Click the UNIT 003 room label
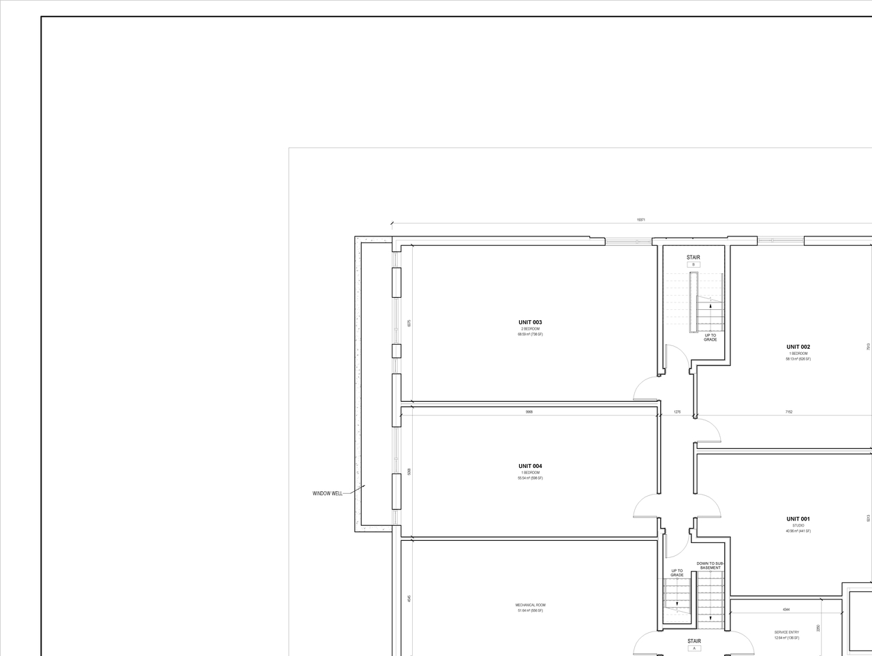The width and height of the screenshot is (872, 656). click(530, 322)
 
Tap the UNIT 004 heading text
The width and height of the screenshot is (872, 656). click(530, 466)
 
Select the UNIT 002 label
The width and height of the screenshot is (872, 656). click(798, 347)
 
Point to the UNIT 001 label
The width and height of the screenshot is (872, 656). click(798, 519)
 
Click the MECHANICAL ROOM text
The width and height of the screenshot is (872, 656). click(530, 605)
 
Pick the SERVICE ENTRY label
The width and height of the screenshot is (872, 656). click(786, 632)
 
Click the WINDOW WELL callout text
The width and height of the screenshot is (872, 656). click(328, 493)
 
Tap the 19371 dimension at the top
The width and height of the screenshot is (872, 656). click(640, 220)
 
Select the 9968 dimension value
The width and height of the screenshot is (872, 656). click(529, 412)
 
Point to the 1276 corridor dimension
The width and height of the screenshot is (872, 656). click(677, 412)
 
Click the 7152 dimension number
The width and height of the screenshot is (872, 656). click(788, 412)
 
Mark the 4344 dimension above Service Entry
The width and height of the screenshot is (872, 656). click(786, 610)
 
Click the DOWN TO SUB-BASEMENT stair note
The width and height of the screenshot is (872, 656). click(710, 565)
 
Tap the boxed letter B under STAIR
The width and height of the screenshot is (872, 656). click(694, 264)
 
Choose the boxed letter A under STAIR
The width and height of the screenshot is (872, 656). click(694, 649)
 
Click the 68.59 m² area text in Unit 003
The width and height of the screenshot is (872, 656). click(530, 334)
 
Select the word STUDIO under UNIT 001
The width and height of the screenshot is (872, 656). click(798, 526)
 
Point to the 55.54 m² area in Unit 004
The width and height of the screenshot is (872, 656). click(530, 478)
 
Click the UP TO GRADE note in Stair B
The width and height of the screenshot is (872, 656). click(710, 337)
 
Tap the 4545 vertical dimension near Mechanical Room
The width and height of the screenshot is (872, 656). click(409, 598)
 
